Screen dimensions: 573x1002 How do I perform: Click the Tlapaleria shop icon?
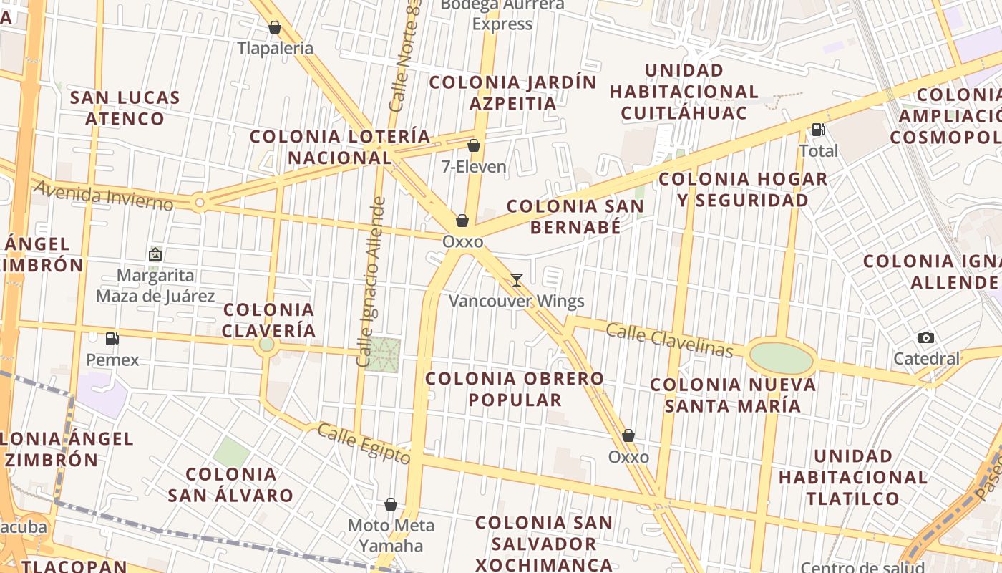[274, 28]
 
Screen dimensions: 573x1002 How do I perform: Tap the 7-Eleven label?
[474, 167]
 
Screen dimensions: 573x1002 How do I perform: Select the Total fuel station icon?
[817, 130]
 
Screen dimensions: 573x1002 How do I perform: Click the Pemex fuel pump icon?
[112, 338]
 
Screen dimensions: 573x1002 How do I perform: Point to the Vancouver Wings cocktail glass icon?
[517, 280]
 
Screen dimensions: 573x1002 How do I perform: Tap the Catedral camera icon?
[925, 338]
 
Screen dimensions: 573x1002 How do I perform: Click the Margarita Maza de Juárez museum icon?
[155, 254]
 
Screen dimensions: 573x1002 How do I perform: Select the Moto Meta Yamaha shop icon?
[391, 505]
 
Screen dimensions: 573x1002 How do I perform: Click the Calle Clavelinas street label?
[669, 340]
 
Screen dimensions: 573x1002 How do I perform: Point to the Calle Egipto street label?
[364, 443]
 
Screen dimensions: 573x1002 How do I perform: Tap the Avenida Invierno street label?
[103, 195]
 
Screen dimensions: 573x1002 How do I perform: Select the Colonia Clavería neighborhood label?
[268, 320]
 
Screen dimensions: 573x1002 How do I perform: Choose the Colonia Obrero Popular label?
[515, 388]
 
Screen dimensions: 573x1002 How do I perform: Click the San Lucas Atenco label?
[125, 107]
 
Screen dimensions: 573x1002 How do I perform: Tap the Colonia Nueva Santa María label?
[733, 395]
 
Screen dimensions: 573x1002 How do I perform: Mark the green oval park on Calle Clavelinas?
[782, 357]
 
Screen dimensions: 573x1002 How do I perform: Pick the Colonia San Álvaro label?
[230, 484]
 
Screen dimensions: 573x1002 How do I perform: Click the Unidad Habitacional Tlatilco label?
[852, 476]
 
